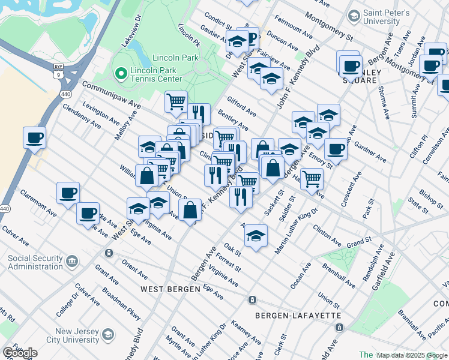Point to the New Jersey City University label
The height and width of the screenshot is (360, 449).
click(x=68, y=336)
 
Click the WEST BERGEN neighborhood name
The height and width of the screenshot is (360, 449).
click(x=170, y=289)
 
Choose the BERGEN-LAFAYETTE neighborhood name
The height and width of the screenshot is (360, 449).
click(x=289, y=316)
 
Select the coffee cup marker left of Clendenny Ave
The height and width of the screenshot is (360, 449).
click(x=34, y=137)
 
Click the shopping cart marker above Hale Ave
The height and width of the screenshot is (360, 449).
click(x=312, y=178)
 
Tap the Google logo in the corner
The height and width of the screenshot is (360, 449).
click(x=20, y=353)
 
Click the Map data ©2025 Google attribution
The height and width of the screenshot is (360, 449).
click(x=412, y=355)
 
